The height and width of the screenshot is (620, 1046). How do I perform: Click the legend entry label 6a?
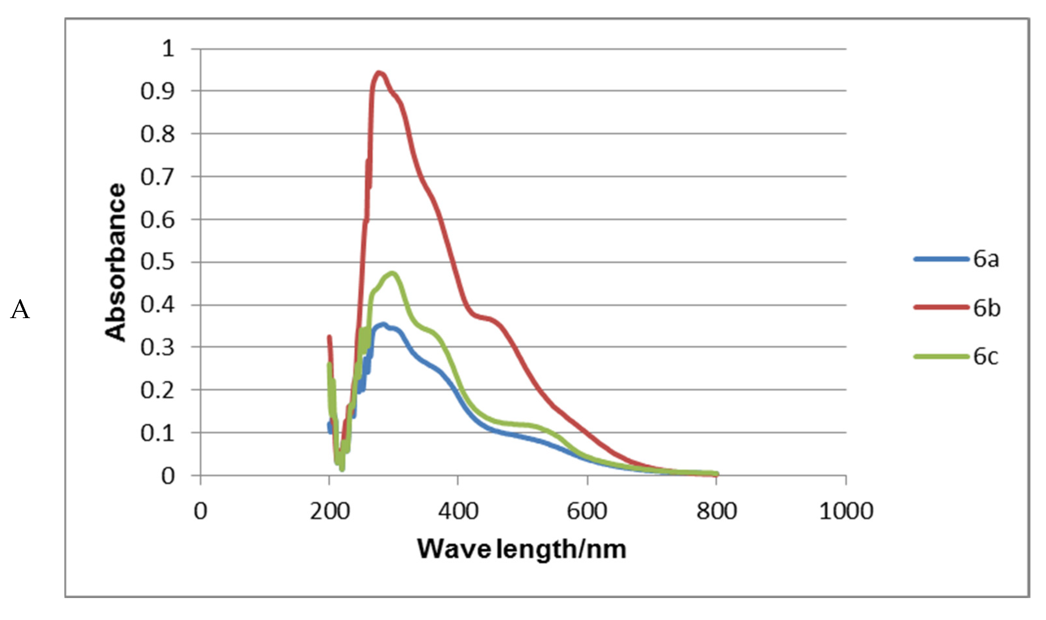click(986, 259)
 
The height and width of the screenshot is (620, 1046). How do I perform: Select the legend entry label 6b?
click(987, 308)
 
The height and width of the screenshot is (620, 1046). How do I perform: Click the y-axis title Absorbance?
click(115, 262)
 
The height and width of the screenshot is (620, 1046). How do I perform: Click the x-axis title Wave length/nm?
click(522, 549)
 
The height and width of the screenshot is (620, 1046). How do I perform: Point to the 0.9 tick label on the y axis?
click(157, 91)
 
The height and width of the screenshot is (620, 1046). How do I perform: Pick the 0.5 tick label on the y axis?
click(157, 262)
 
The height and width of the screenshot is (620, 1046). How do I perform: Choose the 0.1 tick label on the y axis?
click(157, 433)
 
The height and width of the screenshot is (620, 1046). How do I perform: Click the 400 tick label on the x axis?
click(458, 511)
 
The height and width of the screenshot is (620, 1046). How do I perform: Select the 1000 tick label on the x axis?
click(846, 511)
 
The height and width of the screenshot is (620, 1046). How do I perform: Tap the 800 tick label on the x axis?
click(716, 511)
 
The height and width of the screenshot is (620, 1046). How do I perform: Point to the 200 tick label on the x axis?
click(329, 511)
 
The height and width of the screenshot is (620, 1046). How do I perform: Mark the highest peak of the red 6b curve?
click(379, 73)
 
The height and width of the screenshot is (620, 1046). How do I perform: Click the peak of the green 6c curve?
click(392, 274)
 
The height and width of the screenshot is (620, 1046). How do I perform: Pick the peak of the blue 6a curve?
click(382, 324)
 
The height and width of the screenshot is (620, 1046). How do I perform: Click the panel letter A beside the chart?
click(20, 310)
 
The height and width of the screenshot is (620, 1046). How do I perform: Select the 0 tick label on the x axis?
click(201, 511)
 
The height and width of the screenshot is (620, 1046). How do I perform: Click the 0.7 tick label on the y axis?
click(157, 177)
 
